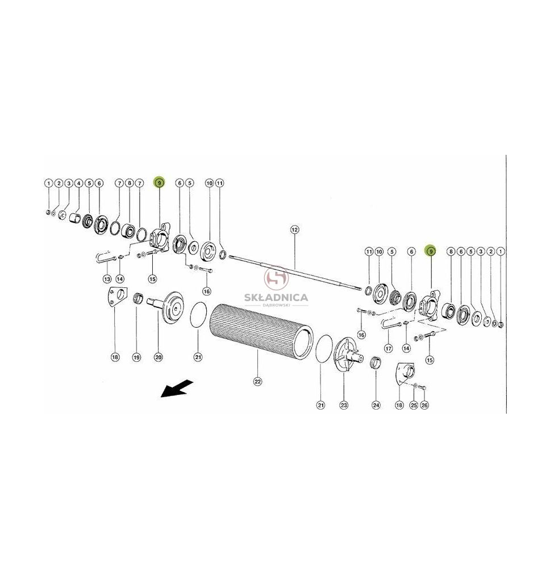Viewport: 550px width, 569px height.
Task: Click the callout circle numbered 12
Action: (294, 229)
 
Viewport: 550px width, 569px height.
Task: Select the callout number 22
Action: (257, 381)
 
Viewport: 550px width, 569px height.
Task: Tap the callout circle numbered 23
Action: (344, 405)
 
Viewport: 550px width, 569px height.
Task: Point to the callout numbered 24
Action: (377, 405)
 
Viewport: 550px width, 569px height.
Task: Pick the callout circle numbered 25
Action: (414, 405)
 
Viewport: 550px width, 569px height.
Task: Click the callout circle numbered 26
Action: (424, 405)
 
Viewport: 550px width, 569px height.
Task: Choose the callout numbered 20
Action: (159, 357)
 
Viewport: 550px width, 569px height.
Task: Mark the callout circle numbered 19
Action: (136, 357)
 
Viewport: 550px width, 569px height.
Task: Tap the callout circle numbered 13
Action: (107, 279)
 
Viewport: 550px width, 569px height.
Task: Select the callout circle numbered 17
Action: (389, 349)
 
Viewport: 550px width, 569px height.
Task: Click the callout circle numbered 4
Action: (78, 183)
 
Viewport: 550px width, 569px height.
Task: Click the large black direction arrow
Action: (177, 388)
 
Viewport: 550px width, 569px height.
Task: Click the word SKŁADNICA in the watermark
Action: (277, 298)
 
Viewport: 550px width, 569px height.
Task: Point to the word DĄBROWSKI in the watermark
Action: (277, 305)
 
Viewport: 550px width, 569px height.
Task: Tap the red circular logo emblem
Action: (277, 279)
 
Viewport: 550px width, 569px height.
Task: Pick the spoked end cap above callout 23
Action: (347, 354)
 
